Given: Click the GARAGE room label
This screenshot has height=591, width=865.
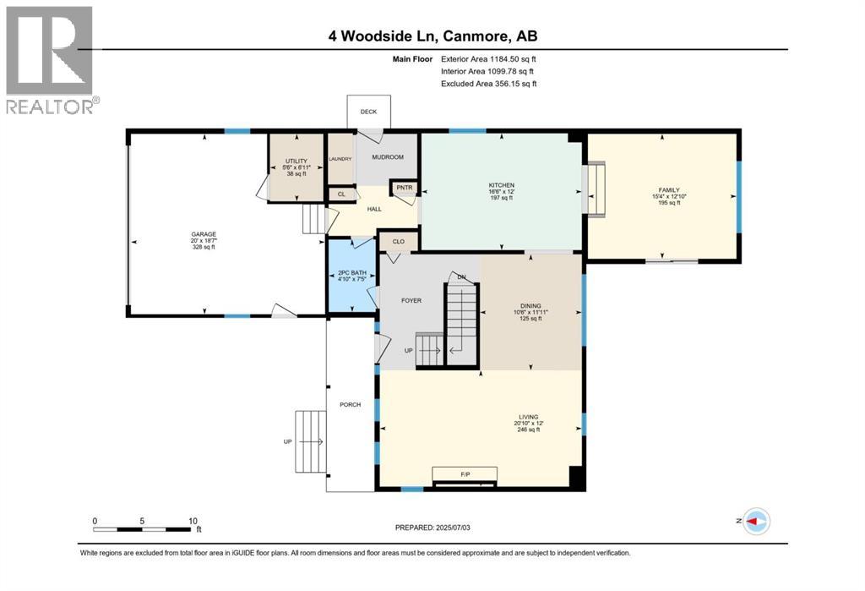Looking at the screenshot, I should click(x=203, y=234).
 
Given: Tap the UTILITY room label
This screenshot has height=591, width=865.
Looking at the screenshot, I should click(x=296, y=161).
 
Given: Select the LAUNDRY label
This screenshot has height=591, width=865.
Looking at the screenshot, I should click(x=340, y=158).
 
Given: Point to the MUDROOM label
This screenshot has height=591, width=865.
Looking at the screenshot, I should click(x=388, y=157).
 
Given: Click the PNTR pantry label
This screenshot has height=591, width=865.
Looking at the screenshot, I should click(x=401, y=189).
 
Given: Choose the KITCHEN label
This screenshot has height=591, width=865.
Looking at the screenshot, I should click(x=501, y=185).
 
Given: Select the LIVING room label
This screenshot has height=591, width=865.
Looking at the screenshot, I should click(x=529, y=417).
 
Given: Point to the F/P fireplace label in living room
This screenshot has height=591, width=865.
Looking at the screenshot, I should click(x=465, y=474).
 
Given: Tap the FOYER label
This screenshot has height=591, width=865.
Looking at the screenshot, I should click(x=411, y=300).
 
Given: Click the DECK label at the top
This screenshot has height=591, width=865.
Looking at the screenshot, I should click(x=368, y=112).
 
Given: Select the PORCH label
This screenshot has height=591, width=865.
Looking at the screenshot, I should click(x=350, y=405).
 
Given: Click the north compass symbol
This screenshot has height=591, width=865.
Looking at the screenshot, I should click(x=758, y=522).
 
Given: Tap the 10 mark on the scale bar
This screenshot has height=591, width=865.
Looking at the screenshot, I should click(x=193, y=521).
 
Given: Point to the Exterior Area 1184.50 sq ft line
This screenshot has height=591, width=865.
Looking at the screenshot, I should click(x=488, y=59).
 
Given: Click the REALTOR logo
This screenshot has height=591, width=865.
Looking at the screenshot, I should click(x=51, y=59).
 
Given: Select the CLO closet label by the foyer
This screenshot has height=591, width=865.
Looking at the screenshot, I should click(x=398, y=242).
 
